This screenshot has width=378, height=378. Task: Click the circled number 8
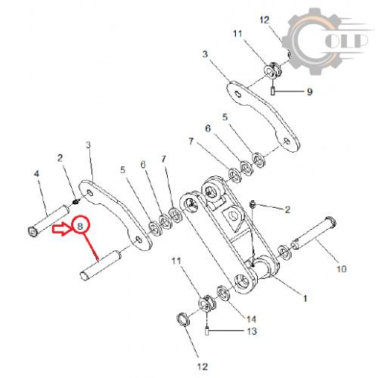pyautogui.click(x=80, y=226)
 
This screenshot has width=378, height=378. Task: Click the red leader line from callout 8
pyautogui.click(x=91, y=246)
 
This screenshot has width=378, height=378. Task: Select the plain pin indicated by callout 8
pyautogui.click(x=100, y=265)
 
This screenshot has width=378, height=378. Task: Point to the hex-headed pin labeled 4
pyautogui.click(x=48, y=222)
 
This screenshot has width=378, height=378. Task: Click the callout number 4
pyautogui.click(x=36, y=173)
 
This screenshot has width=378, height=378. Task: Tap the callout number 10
pyautogui.click(x=342, y=269)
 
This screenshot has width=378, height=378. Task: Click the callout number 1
pyautogui.click(x=305, y=299)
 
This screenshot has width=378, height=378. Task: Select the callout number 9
pyautogui.click(x=310, y=91)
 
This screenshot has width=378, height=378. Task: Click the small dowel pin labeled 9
pyautogui.click(x=272, y=91)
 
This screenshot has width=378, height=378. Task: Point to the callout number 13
pyautogui.click(x=252, y=331)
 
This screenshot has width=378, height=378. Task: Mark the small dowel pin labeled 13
pyautogui.click(x=207, y=331)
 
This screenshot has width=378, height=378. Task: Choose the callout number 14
pyautogui.click(x=251, y=319)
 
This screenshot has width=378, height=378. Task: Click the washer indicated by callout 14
pyautogui.click(x=223, y=293)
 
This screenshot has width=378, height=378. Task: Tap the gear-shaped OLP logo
pyautogui.click(x=325, y=41)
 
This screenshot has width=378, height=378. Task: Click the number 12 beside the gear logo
pyautogui.click(x=265, y=20)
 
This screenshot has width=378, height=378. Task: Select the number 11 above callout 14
pyautogui.click(x=176, y=261)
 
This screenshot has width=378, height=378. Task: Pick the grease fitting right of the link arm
pyautogui.click(x=253, y=204)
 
